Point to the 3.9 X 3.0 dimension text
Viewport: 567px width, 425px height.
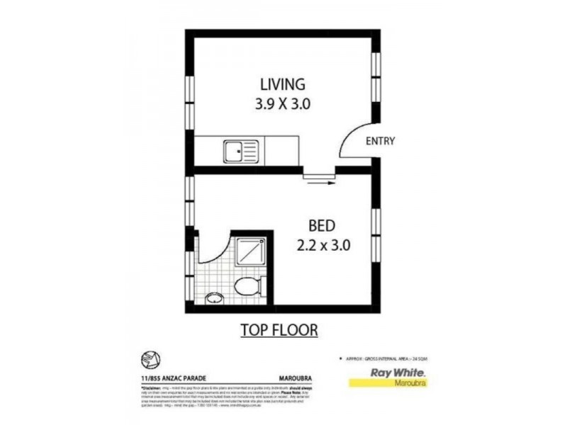click(282, 105)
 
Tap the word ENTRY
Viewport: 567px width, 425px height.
click(380, 142)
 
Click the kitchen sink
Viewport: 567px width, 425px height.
click(240, 151)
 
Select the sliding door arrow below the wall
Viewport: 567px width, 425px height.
click(320, 181)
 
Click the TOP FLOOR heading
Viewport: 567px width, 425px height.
click(279, 330)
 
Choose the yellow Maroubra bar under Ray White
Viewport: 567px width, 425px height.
click(389, 383)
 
